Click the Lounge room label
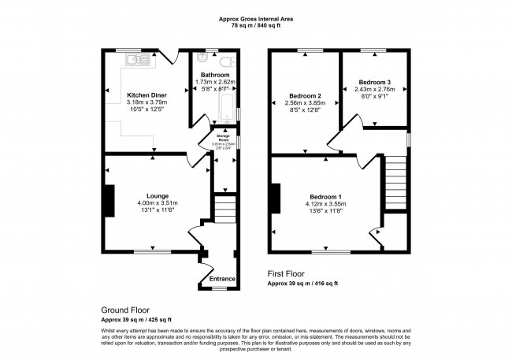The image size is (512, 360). pyautogui.click(x=157, y=195)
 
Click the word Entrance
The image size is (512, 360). pyautogui.click(x=221, y=278)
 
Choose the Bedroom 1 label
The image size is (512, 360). pyautogui.click(x=325, y=195)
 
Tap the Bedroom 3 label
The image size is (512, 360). pyautogui.click(x=374, y=82)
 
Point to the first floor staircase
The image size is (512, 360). pyautogui.click(x=395, y=182)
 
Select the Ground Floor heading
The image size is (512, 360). pyautogui.click(x=125, y=310)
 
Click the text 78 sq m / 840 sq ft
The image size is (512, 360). pyautogui.click(x=255, y=25)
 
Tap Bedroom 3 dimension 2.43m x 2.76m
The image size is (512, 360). pyautogui.click(x=374, y=90)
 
